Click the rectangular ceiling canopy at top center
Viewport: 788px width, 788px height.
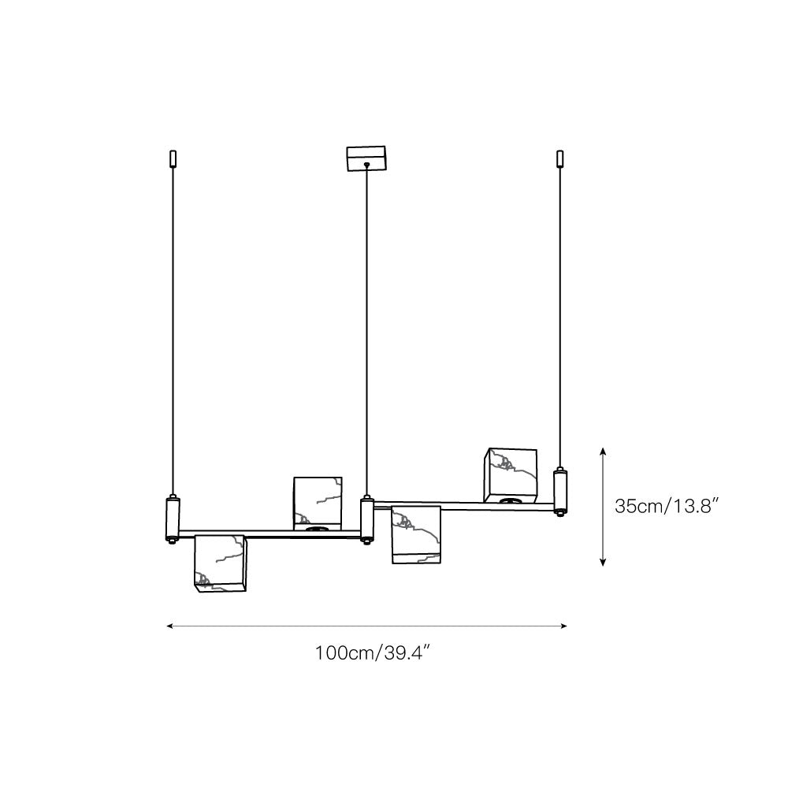[366, 158]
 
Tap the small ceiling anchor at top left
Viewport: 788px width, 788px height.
[173, 158]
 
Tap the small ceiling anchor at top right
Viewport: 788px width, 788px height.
[560, 158]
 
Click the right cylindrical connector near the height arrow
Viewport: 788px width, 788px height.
[560, 491]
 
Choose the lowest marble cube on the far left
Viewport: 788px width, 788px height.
[220, 562]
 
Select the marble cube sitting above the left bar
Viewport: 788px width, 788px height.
[318, 502]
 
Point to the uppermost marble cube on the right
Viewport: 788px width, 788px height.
[511, 475]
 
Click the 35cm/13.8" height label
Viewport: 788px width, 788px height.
[669, 506]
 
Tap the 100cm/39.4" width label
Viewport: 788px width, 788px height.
[371, 653]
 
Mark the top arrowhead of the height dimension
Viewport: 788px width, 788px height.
[603, 451]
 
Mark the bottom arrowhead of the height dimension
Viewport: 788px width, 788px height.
[603, 562]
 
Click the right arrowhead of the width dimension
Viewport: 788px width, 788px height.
[563, 626]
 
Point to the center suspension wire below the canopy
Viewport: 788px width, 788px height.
[366, 331]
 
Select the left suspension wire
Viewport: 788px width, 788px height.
[173, 331]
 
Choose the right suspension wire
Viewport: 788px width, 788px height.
[560, 315]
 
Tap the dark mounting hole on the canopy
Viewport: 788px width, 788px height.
[366, 165]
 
